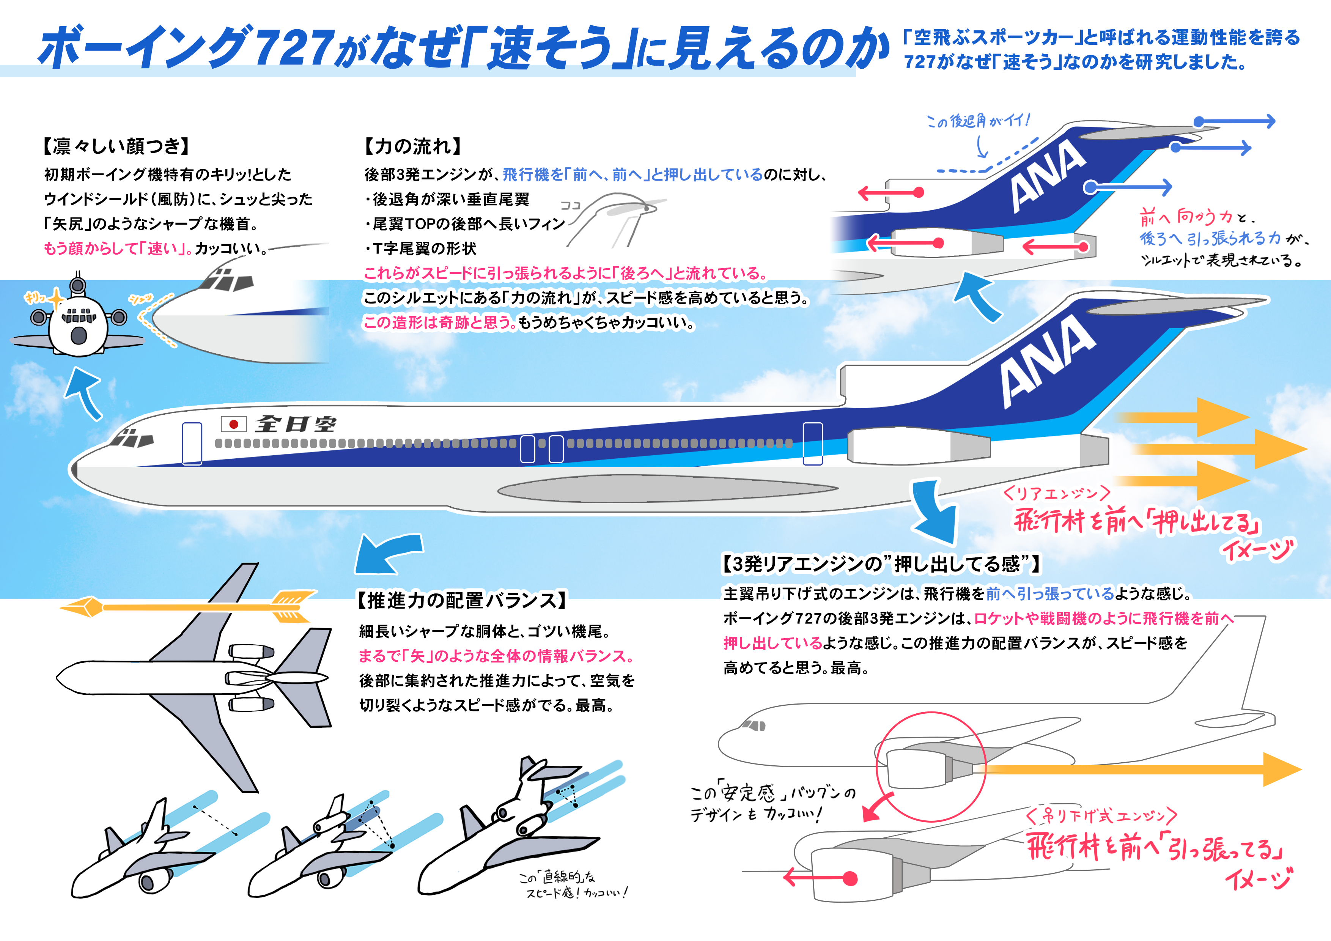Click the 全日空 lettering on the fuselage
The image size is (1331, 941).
(296, 424)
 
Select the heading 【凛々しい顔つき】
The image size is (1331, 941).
(116, 146)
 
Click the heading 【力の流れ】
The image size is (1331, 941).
(413, 146)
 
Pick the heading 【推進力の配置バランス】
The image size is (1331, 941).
(461, 600)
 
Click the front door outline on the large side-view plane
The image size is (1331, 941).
(192, 444)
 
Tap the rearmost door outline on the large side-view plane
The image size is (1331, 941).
(812, 444)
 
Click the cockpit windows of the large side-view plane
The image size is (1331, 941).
(133, 439)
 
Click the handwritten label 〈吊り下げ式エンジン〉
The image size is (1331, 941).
(1101, 816)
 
